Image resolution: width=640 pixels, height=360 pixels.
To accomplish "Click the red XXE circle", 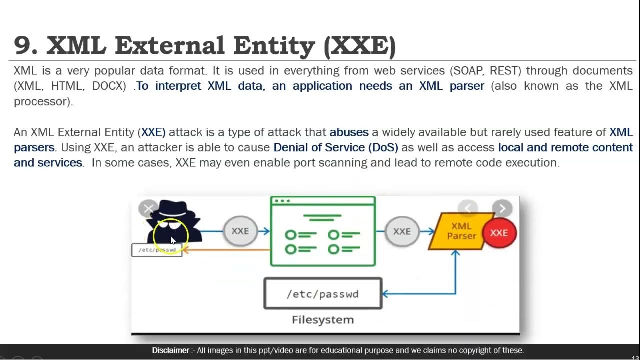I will pos(499,233).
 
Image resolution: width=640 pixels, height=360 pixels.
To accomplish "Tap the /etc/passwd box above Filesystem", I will pos(323,294).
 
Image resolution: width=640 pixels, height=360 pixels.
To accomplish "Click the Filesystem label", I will pos(323,320).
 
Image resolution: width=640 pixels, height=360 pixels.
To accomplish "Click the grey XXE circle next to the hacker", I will pos(240,231).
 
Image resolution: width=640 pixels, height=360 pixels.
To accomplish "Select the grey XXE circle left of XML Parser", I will pos(402,231).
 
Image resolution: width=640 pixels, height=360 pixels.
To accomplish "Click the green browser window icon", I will pos(323,231).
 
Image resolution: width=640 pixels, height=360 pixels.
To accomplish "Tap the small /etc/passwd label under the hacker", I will pos(157,250).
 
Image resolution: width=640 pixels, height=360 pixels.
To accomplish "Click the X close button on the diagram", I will pos(148,209).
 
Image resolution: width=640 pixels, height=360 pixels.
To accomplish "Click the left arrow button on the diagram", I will pos(468,208).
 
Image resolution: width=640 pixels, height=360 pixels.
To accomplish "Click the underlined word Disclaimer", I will pos(170,350).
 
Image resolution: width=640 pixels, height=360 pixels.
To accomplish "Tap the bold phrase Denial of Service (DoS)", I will pos(336,147).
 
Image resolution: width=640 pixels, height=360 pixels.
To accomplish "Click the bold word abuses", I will pos(349,132).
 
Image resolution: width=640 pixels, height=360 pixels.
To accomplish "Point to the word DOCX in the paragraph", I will pos(109,86).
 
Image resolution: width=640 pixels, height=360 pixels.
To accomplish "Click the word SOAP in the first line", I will pos(468,71).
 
